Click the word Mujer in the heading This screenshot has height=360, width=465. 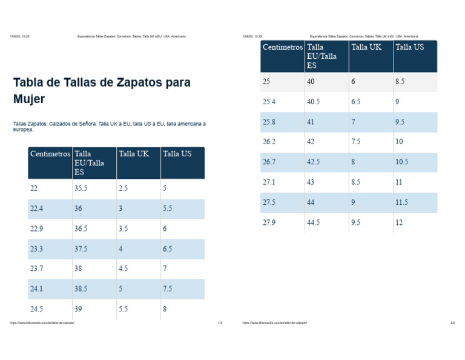point(29,99)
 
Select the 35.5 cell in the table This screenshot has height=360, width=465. point(81,188)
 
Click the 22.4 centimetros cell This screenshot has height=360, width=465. point(36,208)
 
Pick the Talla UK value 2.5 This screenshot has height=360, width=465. point(124,188)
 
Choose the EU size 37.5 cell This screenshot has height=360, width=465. point(81,248)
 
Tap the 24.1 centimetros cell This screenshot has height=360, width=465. point(36,288)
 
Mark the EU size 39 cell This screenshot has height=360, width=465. point(79,308)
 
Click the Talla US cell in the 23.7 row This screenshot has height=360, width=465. point(165,268)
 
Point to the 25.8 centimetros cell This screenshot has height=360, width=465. point(269,122)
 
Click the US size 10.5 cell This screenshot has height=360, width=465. point(401,162)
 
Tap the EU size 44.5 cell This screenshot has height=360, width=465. point(314,222)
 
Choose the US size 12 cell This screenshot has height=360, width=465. point(399,222)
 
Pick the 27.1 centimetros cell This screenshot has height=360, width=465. point(269,182)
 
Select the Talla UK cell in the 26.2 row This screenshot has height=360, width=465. point(356,142)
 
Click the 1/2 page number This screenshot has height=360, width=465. point(220,323)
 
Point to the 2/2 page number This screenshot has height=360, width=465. point(452,323)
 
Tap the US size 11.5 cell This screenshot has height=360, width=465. point(401,202)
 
